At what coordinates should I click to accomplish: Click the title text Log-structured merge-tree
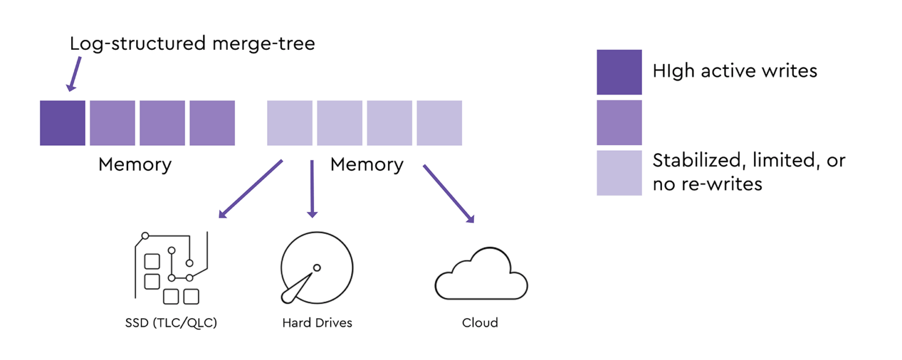192,43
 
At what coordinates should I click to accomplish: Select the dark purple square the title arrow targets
63,123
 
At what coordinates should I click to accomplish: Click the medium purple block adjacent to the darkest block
112,123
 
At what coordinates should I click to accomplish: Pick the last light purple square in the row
439,123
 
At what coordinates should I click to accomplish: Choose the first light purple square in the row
290,123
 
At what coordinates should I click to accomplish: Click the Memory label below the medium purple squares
134,164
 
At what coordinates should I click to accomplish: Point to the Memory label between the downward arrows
366,164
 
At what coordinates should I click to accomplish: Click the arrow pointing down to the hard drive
312,189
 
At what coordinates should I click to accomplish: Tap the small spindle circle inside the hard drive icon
317,268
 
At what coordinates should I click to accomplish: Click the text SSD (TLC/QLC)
171,323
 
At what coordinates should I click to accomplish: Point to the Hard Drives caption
317,323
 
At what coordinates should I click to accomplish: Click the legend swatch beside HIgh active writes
619,72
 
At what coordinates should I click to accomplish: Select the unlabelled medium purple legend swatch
619,122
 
